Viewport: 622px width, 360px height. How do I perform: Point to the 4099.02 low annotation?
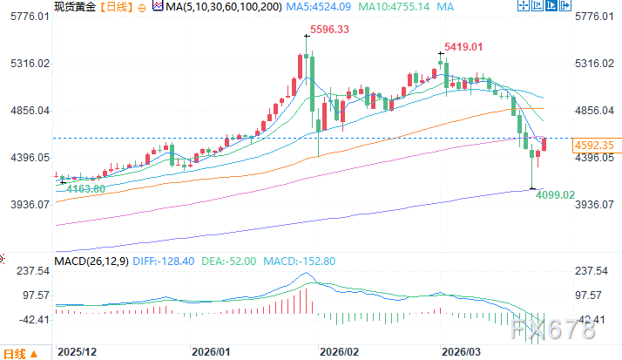(556, 195)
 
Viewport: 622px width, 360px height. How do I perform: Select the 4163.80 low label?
(85, 188)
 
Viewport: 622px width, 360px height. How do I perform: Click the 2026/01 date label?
(211, 352)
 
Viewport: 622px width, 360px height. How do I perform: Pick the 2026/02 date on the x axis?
(340, 352)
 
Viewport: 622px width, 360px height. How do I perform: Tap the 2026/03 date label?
(463, 352)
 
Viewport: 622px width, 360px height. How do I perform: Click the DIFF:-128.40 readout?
(164, 260)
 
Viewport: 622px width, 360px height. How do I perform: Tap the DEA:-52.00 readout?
(226, 260)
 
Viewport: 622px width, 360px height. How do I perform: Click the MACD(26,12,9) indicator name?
(92, 260)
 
